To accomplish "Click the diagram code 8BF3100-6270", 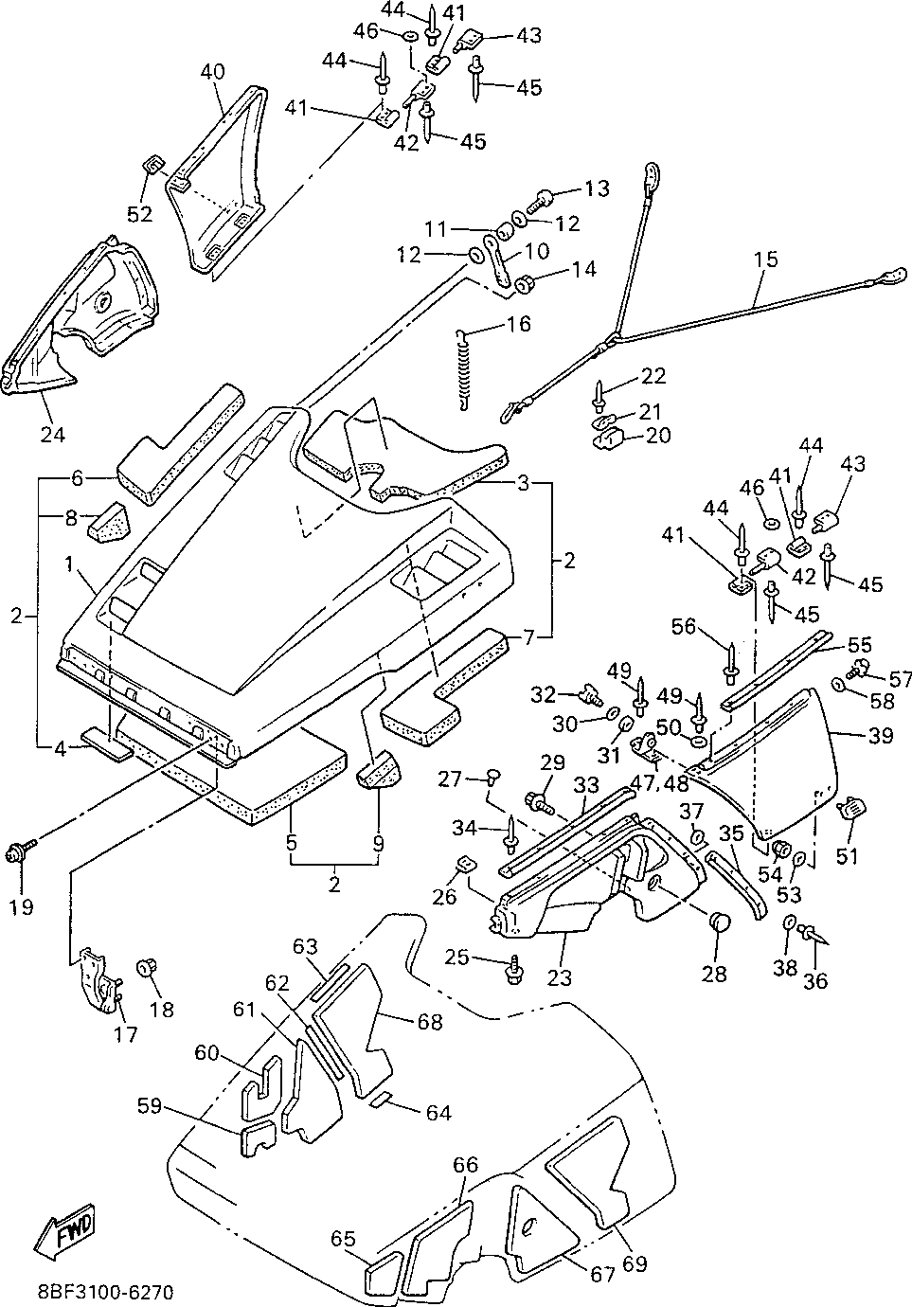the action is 106,1291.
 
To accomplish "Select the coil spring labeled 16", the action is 463,371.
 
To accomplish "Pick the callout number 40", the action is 212,72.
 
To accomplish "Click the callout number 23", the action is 560,977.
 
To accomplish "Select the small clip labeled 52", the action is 153,167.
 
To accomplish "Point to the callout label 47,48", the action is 659,783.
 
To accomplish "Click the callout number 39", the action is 880,736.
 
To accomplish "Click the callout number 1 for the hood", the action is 69,564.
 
